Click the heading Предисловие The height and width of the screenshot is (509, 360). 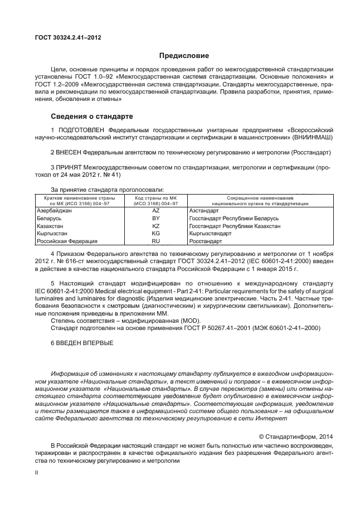(184, 56)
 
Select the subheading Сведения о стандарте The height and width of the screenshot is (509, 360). (92, 117)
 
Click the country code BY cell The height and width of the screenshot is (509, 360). (155, 219)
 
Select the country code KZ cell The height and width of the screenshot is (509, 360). (155, 226)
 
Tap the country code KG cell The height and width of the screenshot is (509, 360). (155, 234)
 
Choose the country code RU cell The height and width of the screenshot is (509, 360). (155, 241)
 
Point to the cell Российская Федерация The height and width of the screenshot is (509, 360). (67, 241)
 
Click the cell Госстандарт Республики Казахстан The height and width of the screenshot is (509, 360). (235, 226)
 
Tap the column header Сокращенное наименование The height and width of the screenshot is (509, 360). (260, 198)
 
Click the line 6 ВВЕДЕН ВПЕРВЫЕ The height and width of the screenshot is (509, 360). (82, 342)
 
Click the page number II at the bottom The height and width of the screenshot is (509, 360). (36, 472)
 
